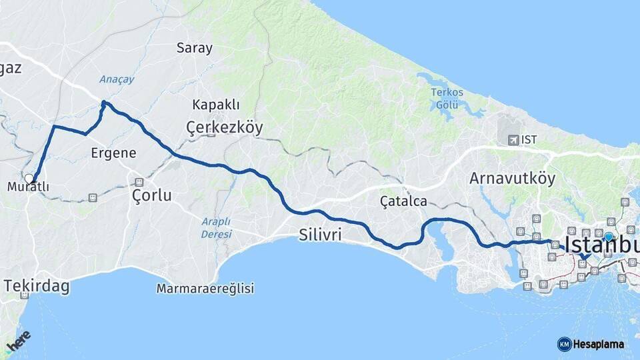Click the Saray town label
click(x=195, y=48)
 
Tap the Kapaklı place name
click(x=216, y=105)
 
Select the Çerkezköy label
click(x=225, y=127)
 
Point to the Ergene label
click(x=113, y=153)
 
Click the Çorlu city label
click(x=151, y=195)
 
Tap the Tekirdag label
click(x=37, y=286)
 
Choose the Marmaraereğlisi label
click(x=205, y=289)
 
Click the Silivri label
click(x=321, y=235)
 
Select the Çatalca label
click(x=403, y=201)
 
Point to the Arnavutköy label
click(x=512, y=179)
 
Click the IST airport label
click(x=529, y=140)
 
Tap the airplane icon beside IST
click(x=513, y=140)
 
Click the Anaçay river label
click(x=117, y=79)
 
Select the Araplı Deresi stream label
click(x=216, y=227)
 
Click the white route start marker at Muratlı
click(x=29, y=178)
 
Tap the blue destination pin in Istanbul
click(x=608, y=237)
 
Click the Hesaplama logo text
click(x=598, y=344)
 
